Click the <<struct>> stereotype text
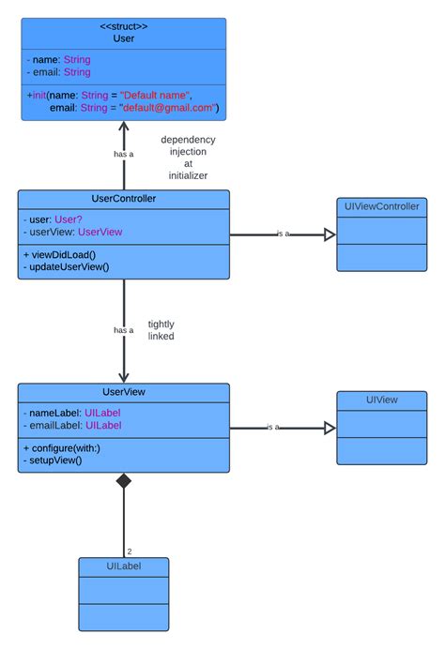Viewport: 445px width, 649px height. coord(124,26)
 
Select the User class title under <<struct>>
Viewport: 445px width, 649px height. coord(124,39)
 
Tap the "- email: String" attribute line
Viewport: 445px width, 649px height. coord(58,72)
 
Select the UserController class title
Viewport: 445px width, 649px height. coord(124,199)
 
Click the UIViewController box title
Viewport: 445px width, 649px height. coord(381,206)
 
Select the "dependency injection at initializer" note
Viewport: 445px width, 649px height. coord(188,158)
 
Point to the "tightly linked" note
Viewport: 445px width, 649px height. coord(161,329)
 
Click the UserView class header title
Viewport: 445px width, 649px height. coord(124,391)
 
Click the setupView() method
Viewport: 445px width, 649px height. coord(54,460)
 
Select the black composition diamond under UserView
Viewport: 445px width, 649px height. coord(124,482)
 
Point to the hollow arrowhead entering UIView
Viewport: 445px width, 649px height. coord(330,428)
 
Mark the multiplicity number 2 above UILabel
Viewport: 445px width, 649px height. coord(130,551)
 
